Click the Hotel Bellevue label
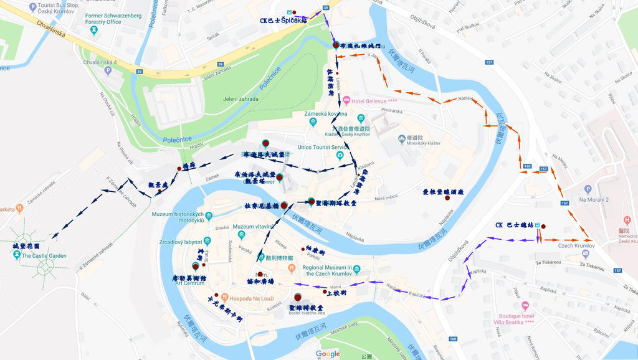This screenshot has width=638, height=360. click(374, 101)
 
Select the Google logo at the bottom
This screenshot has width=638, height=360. click(328, 354)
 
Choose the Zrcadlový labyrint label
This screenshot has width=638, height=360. click(181, 242)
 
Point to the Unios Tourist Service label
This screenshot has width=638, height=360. click(321, 147)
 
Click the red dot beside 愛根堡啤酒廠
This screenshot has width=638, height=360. click(447, 197)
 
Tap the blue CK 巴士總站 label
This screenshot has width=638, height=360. click(515, 225)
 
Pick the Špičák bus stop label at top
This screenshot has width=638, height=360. click(283, 21)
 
